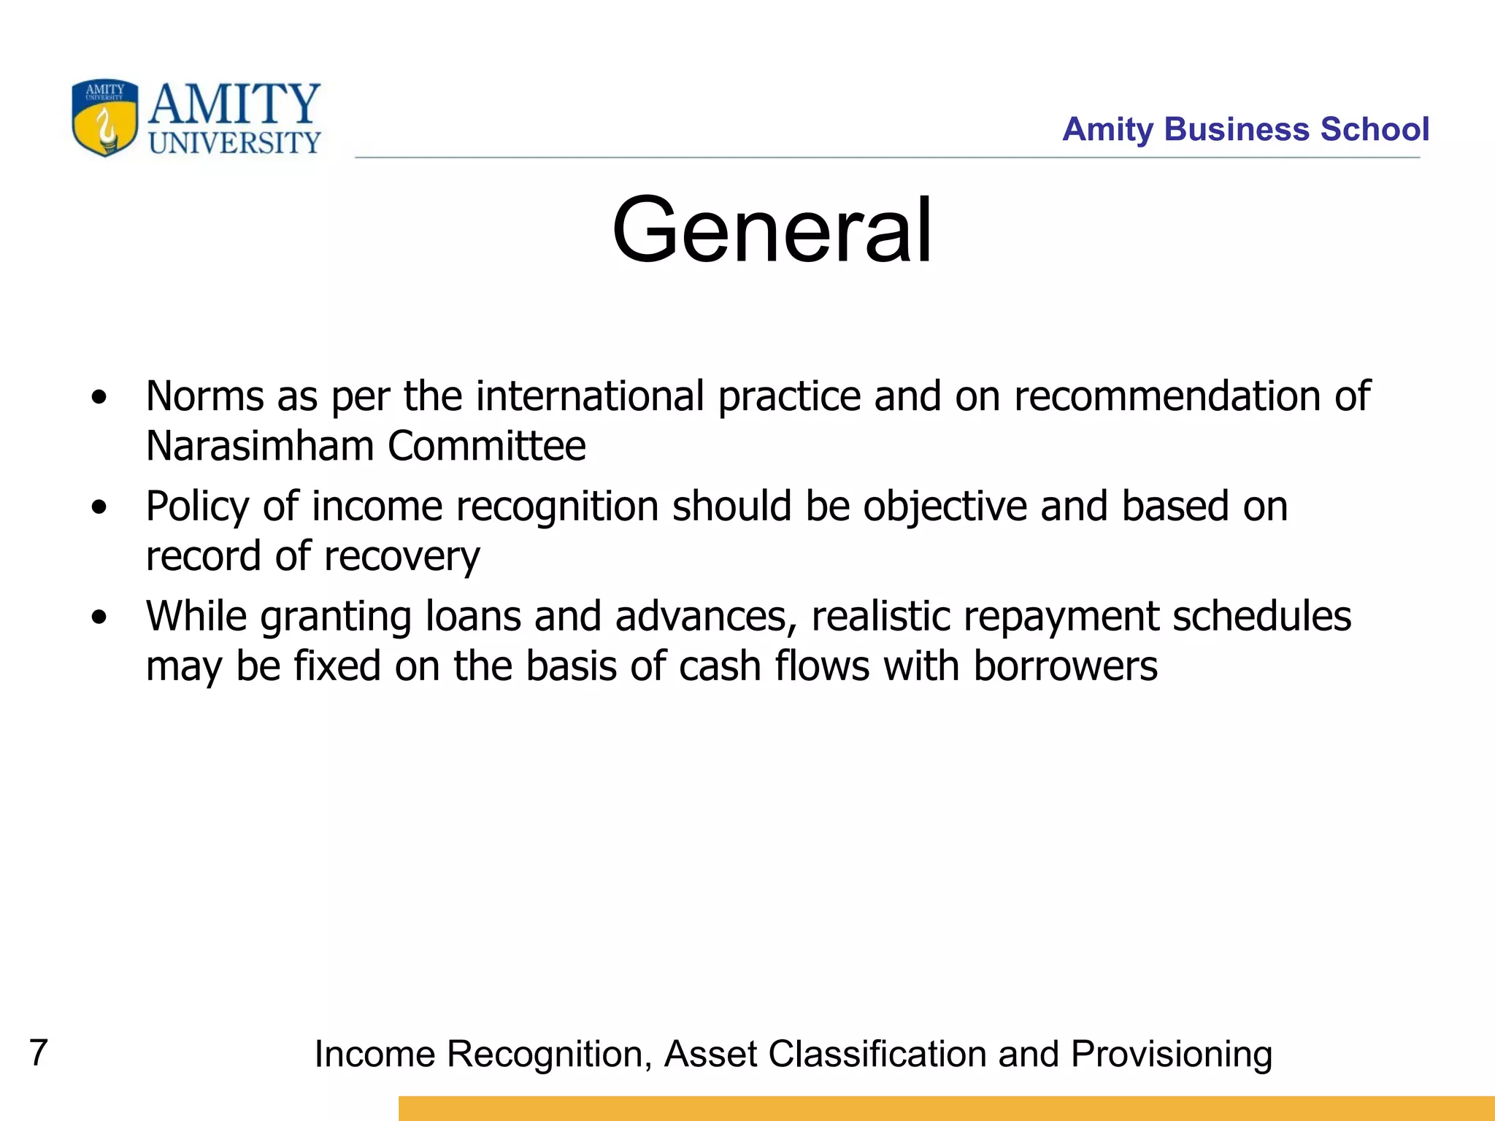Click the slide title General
click(772, 231)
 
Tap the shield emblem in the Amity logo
click(105, 118)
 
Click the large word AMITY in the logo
click(234, 104)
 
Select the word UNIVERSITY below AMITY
click(234, 143)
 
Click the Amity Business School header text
click(1245, 129)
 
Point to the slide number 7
click(38, 1052)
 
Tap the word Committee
click(487, 446)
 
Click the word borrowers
click(1065, 666)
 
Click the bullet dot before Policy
click(99, 508)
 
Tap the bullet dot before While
click(99, 618)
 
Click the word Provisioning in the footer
click(1171, 1055)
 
